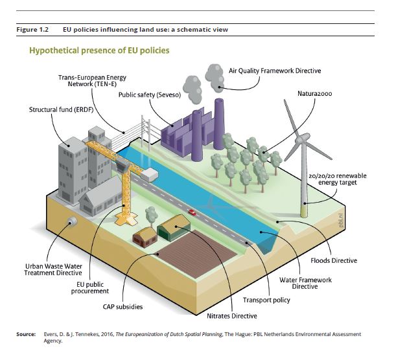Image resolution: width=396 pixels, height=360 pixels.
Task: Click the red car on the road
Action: (x=192, y=212)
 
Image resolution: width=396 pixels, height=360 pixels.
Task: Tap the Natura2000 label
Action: (x=315, y=94)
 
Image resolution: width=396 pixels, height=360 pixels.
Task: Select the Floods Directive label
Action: (x=334, y=260)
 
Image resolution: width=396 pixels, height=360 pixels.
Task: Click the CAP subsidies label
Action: (x=122, y=307)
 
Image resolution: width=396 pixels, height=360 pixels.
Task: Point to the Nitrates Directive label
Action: (x=232, y=316)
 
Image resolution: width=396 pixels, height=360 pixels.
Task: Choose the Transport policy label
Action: (x=266, y=300)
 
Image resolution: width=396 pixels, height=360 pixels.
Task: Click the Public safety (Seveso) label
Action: (x=150, y=95)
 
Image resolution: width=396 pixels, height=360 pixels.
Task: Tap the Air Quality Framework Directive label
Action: (x=275, y=71)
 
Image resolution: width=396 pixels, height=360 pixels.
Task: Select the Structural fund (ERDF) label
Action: (x=61, y=109)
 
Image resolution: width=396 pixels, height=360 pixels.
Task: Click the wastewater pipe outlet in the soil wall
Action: (x=72, y=221)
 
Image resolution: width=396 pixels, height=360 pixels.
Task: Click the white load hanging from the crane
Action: (x=150, y=175)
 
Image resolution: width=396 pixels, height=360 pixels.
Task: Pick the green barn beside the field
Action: (x=174, y=228)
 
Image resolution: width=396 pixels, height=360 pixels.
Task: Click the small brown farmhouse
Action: (x=145, y=237)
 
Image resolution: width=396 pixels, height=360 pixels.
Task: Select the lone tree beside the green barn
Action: (x=151, y=216)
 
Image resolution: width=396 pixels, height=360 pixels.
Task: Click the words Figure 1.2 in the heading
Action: (x=32, y=30)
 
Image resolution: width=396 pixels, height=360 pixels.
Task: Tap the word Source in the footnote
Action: (x=26, y=334)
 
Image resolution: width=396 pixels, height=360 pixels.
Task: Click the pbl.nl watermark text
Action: (x=341, y=220)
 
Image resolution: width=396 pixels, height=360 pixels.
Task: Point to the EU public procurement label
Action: (x=90, y=288)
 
